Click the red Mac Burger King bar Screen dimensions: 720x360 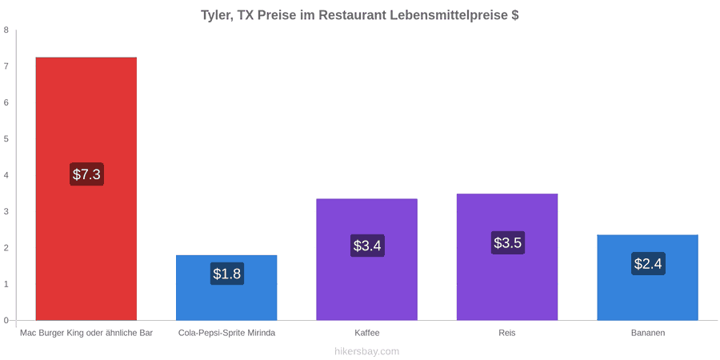(86, 189)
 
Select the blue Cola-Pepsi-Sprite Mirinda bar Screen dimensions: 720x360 (226, 287)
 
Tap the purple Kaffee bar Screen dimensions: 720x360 (367, 259)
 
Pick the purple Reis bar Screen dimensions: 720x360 (507, 257)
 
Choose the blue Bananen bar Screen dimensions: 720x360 (647, 278)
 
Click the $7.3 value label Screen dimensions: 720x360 (86, 174)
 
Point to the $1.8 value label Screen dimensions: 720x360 (227, 274)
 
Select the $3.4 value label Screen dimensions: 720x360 (367, 246)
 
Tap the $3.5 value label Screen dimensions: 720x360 (507, 242)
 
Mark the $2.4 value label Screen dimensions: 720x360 (648, 263)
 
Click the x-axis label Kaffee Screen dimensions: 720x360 (367, 333)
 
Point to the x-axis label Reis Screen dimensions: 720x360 (507, 333)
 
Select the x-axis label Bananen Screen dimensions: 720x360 (647, 333)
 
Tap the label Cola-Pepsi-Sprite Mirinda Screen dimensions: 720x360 (227, 333)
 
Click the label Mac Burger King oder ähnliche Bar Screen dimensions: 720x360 (86, 333)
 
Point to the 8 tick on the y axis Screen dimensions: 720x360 (6, 30)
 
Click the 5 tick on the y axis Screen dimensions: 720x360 (6, 139)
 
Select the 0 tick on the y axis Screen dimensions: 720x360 (6, 321)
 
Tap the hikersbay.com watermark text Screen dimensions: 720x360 (367, 351)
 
